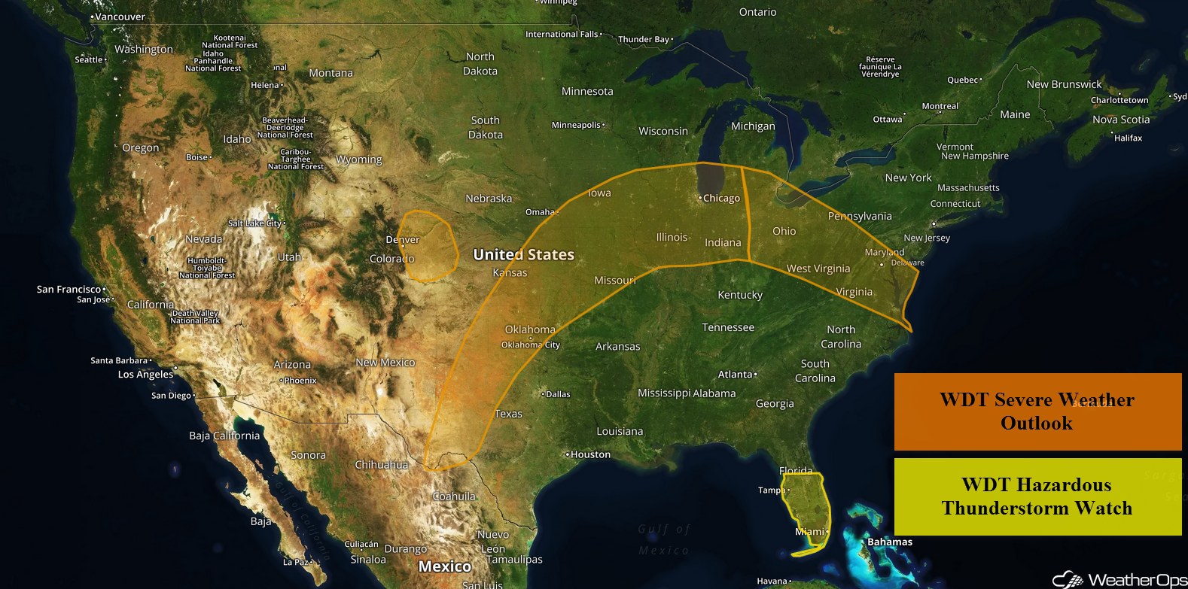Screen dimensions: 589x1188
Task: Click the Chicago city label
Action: point(721,199)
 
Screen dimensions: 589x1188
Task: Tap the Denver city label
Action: point(403,240)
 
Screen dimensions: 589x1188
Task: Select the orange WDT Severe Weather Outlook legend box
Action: point(1037,411)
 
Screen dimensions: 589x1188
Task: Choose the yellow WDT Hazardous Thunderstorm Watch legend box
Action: point(1037,496)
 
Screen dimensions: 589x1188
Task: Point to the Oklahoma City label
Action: point(531,345)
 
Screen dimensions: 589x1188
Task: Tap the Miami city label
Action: point(810,532)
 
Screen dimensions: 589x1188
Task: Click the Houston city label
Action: point(590,454)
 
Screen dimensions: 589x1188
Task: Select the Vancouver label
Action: point(120,17)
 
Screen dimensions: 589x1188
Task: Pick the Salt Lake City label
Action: point(254,223)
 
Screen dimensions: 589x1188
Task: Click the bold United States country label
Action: point(523,255)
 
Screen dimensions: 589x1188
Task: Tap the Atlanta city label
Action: point(736,375)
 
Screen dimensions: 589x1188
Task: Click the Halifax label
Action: point(1128,138)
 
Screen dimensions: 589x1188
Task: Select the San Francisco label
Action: point(69,290)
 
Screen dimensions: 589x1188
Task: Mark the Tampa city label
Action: point(771,490)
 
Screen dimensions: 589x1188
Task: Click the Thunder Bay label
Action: point(644,40)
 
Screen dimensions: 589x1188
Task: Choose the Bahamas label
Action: point(889,542)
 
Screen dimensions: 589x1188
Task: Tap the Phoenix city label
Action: point(300,381)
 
